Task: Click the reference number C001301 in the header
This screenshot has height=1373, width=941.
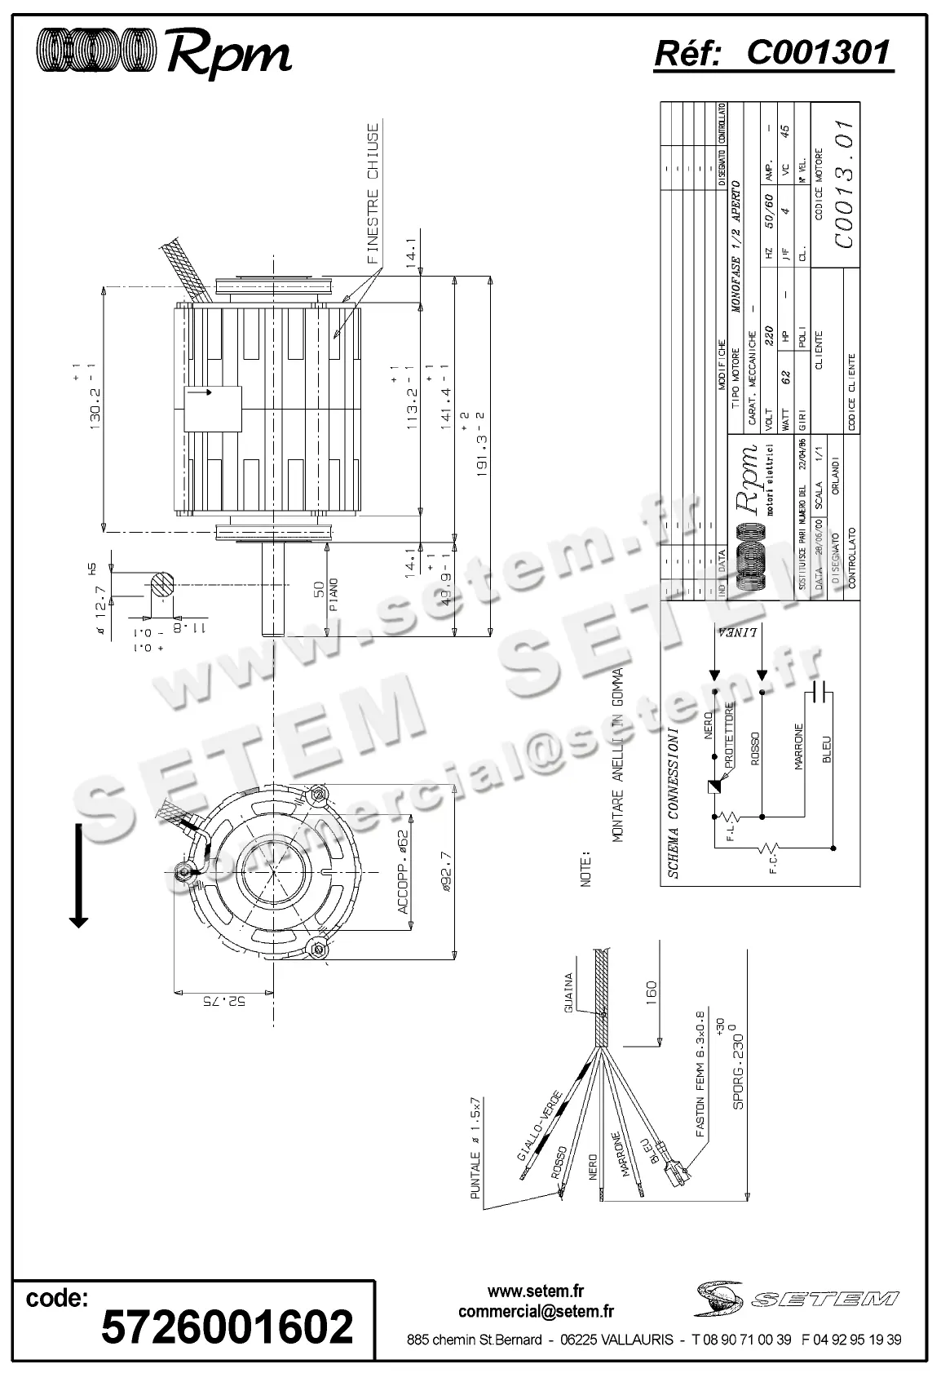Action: tap(818, 53)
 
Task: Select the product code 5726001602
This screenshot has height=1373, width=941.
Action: tap(228, 1326)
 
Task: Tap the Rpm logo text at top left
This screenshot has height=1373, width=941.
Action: tap(229, 55)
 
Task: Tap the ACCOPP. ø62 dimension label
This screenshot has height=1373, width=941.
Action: tap(402, 881)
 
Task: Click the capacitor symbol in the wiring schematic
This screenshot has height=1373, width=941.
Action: tap(819, 693)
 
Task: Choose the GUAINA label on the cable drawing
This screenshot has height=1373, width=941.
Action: tap(569, 991)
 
